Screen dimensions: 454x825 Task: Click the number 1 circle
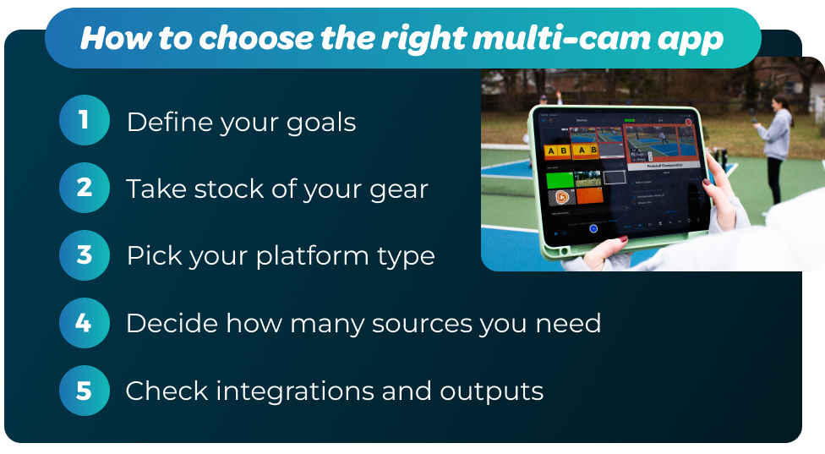click(x=85, y=120)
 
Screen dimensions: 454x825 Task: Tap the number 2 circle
click(x=85, y=188)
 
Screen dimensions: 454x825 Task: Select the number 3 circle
click(x=85, y=255)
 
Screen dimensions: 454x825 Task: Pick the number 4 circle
click(x=85, y=323)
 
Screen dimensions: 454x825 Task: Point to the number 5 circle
click(x=85, y=391)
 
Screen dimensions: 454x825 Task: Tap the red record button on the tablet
click(x=689, y=123)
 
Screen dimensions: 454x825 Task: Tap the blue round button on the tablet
click(x=593, y=228)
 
